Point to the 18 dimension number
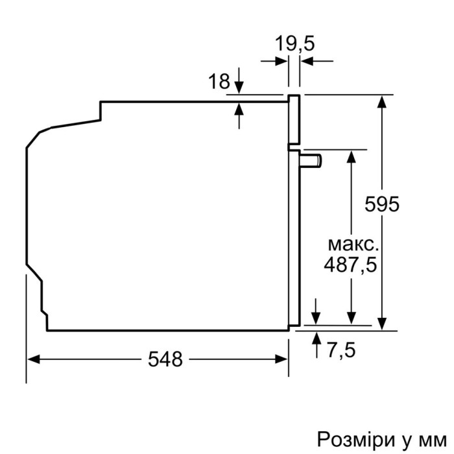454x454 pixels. point(219,82)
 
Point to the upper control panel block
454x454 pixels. point(294,120)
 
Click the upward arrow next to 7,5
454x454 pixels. point(317,337)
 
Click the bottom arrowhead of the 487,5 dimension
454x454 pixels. point(351,317)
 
